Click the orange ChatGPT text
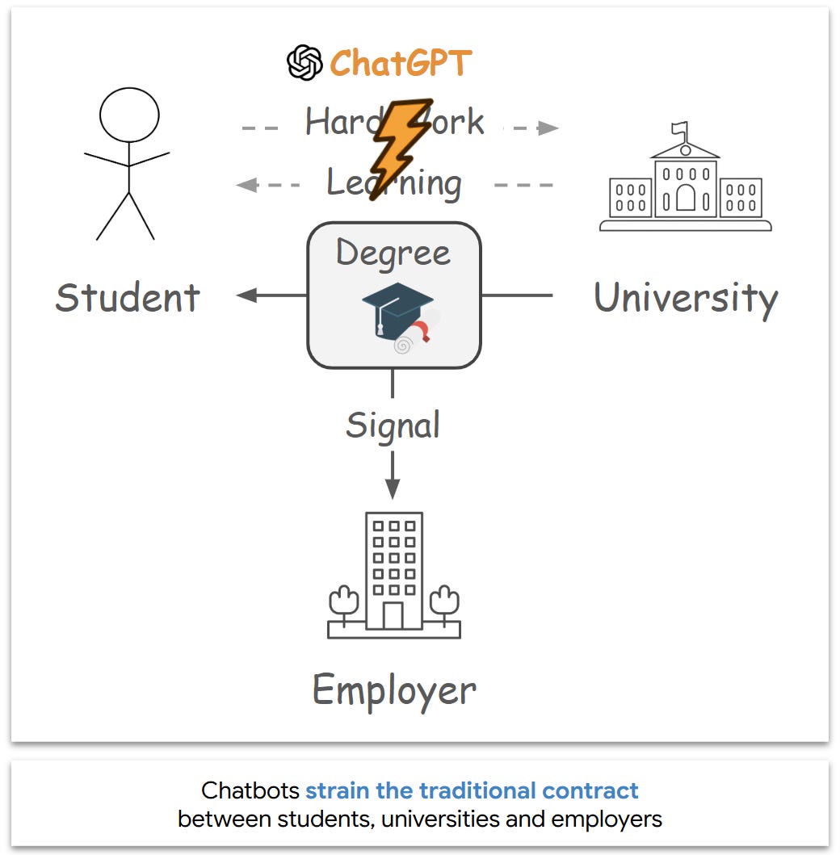coord(400,63)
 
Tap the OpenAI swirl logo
coord(304,63)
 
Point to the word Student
coord(128,297)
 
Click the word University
coord(686,298)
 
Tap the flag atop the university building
coord(681,128)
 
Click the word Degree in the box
coord(393,253)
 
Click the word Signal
coord(393,425)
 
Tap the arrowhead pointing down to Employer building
coord(393,489)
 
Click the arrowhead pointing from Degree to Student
coord(246,295)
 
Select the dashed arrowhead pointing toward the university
coord(549,128)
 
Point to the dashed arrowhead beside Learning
coord(246,185)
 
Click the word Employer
coord(394,690)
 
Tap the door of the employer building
coord(393,615)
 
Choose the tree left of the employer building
coord(344,601)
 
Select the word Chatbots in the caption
coord(250,790)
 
